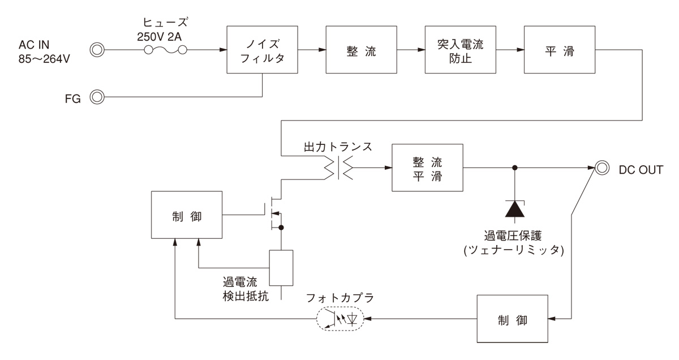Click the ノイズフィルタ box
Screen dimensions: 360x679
pos(263,50)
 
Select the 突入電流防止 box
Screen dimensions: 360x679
pos(461,50)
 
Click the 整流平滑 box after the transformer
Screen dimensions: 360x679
pos(428,168)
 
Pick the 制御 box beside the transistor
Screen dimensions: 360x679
pos(186,215)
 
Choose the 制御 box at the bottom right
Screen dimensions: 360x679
pos(514,319)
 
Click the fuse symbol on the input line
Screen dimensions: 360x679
pos(165,50)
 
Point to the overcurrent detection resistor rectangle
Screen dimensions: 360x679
pos(281,267)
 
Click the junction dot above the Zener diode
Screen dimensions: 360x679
pos(514,168)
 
